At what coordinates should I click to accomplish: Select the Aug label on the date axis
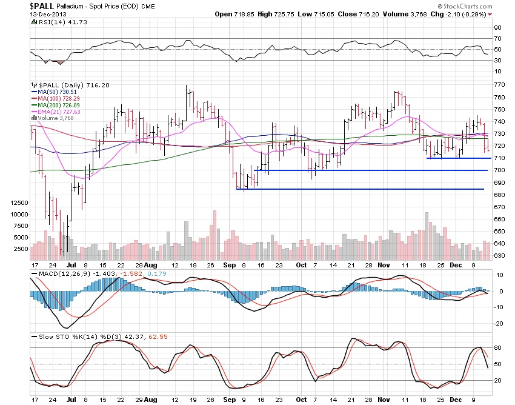pos(151,265)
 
